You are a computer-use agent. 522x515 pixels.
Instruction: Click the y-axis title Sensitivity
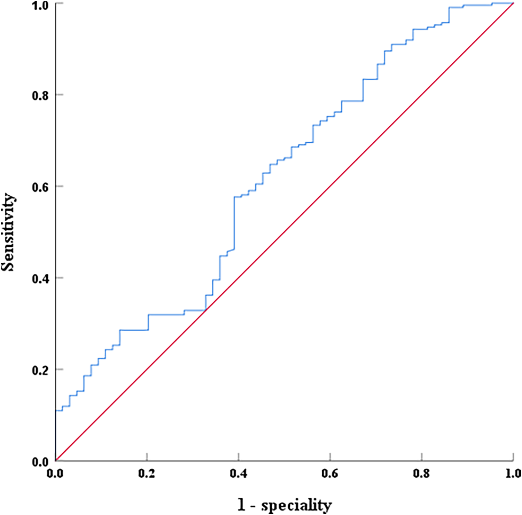pyautogui.click(x=8, y=232)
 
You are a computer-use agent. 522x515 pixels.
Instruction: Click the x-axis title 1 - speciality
pyautogui.click(x=285, y=505)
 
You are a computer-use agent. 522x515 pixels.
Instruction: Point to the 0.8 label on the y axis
pyautogui.click(x=41, y=95)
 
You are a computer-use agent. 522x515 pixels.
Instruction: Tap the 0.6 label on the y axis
pyautogui.click(x=41, y=187)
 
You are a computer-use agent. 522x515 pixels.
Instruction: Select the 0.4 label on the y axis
pyautogui.click(x=41, y=279)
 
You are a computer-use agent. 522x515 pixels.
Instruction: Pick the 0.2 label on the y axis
pyautogui.click(x=41, y=370)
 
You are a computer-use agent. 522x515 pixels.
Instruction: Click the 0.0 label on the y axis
pyautogui.click(x=41, y=462)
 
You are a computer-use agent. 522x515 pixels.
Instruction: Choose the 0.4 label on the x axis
pyautogui.click(x=239, y=474)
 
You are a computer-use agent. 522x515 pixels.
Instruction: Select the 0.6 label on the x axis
pyautogui.click(x=330, y=474)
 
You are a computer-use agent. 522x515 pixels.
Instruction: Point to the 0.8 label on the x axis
pyautogui.click(x=422, y=474)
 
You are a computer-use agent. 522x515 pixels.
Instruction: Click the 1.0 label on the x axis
pyautogui.click(x=513, y=474)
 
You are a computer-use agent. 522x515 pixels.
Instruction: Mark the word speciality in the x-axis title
pyautogui.click(x=296, y=506)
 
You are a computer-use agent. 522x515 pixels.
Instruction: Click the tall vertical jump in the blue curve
pyautogui.click(x=234, y=223)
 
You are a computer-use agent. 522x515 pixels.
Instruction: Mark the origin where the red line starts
pyautogui.click(x=56, y=460)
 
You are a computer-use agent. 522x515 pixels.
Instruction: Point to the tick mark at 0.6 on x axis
pyautogui.click(x=330, y=457)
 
